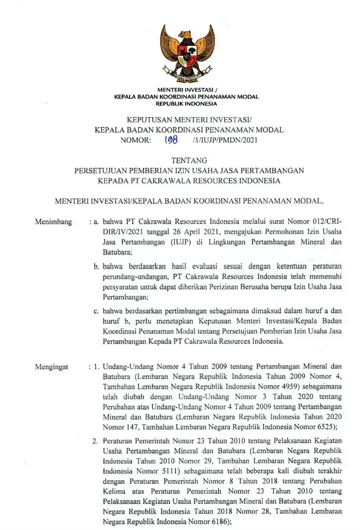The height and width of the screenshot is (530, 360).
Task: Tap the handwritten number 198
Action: click(170, 141)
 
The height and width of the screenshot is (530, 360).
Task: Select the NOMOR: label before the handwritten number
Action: click(135, 141)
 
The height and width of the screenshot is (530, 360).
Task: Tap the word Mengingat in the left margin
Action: click(52, 367)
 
